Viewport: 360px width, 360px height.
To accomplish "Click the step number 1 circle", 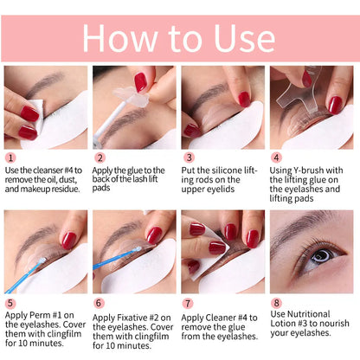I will (11, 158).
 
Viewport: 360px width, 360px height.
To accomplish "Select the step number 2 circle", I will (100, 158).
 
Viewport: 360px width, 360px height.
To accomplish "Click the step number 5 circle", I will (11, 304).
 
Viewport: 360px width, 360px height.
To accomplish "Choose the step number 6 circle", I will (100, 304).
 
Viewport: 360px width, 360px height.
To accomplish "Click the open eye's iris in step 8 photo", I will (319, 256).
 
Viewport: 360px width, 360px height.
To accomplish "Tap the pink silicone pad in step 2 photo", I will (140, 83).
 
